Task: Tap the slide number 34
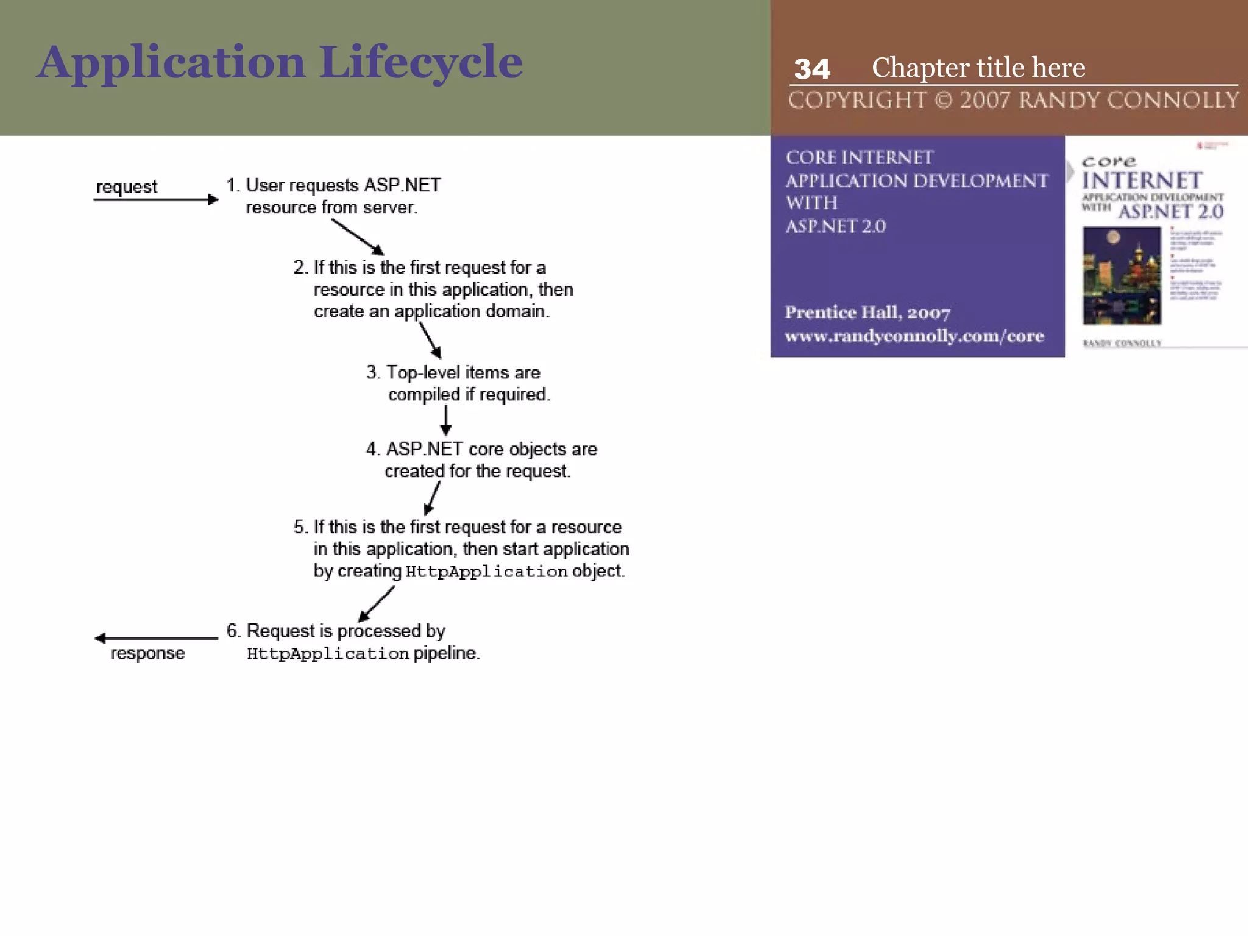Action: pyautogui.click(x=812, y=69)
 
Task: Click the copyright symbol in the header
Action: pyautogui.click(x=943, y=101)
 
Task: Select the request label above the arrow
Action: pyautogui.click(x=127, y=186)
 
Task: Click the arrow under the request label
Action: pyautogui.click(x=156, y=199)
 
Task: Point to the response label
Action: pyautogui.click(x=147, y=653)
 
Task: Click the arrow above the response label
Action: pyautogui.click(x=157, y=638)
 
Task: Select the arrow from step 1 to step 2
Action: pyautogui.click(x=358, y=236)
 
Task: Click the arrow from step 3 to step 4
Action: pyautogui.click(x=446, y=420)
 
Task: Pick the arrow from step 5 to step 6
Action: pyautogui.click(x=377, y=604)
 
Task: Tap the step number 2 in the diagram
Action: pyautogui.click(x=299, y=268)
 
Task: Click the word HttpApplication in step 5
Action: pyautogui.click(x=486, y=572)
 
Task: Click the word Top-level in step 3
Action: pyautogui.click(x=423, y=372)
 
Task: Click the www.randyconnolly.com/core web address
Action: pyautogui.click(x=914, y=336)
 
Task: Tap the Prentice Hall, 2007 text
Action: pyautogui.click(x=867, y=313)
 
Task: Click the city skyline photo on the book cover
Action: pyautogui.click(x=1121, y=275)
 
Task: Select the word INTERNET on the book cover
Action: pyautogui.click(x=1142, y=180)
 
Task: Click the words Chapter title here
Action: pyautogui.click(x=978, y=68)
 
